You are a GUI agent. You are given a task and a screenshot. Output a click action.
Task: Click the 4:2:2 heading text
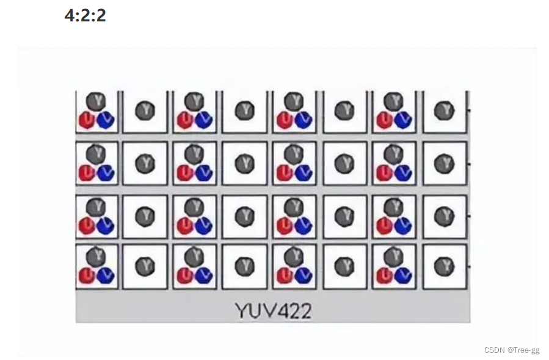[85, 15]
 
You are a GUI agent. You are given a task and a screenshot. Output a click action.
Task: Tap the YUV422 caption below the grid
[273, 310]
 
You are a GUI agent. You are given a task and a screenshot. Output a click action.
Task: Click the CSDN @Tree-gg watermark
[511, 350]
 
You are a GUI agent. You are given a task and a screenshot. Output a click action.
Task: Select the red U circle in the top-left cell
[87, 120]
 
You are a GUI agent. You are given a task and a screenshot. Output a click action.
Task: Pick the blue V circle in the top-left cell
[105, 120]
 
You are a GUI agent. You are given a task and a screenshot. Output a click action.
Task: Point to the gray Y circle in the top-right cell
[444, 111]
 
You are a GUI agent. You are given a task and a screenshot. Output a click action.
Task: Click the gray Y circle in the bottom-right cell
[444, 266]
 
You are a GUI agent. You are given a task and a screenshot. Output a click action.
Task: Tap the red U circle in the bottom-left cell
[87, 276]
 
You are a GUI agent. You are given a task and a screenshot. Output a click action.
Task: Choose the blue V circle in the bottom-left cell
[105, 276]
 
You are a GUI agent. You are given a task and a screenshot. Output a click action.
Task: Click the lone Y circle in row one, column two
[145, 111]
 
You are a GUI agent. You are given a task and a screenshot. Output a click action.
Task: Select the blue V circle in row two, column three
[204, 173]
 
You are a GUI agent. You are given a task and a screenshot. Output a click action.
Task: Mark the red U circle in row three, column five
[285, 226]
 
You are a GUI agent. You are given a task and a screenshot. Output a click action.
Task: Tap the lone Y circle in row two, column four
[244, 163]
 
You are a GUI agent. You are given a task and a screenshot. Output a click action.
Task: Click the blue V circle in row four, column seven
[402, 276]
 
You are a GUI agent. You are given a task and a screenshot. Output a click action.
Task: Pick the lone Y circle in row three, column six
[344, 215]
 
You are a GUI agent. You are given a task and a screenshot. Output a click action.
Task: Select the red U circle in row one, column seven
[384, 120]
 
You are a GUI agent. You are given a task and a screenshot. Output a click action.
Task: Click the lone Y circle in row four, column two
[145, 266]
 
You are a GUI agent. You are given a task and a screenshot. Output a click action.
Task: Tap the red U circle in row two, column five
[285, 173]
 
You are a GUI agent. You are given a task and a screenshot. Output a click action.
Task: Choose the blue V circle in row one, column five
[303, 120]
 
